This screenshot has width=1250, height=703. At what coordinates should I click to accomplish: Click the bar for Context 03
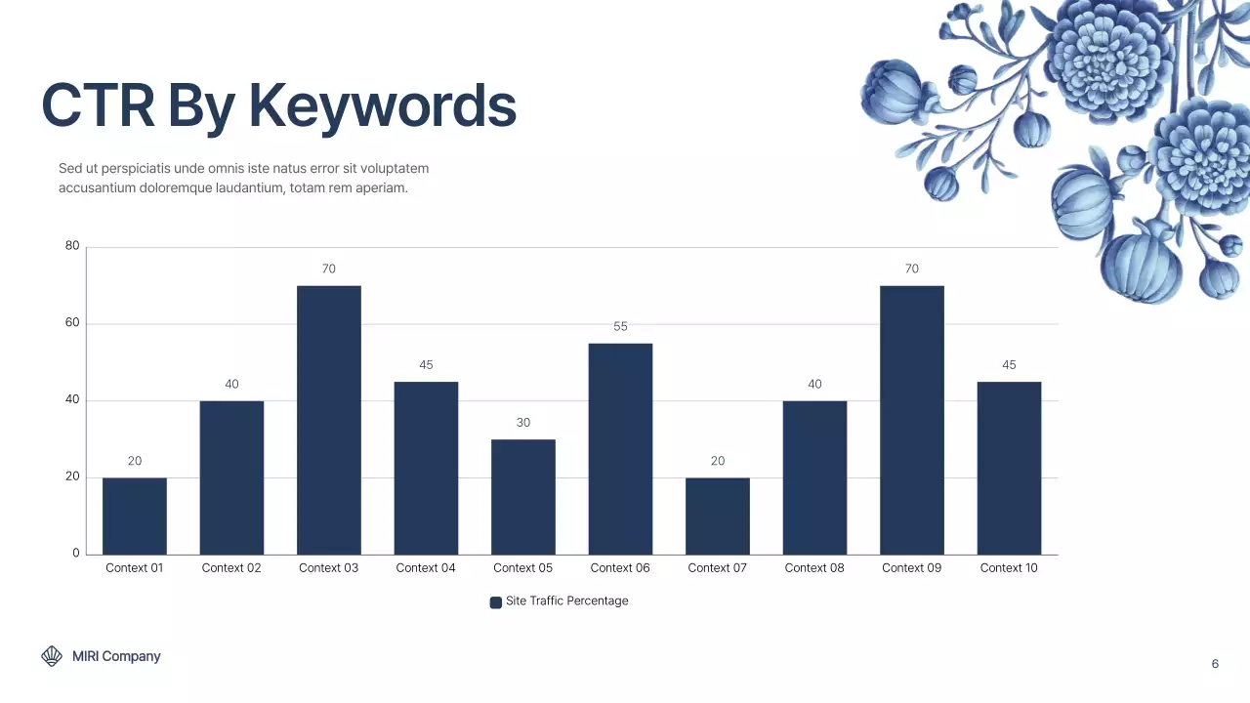(328, 420)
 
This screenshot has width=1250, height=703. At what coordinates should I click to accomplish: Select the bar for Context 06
(620, 449)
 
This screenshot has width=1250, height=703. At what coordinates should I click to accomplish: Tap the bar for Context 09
(911, 420)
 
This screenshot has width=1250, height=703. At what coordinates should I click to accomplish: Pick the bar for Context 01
(135, 516)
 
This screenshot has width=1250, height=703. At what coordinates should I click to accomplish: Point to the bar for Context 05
(522, 497)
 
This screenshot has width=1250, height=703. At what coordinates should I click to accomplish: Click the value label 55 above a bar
(620, 326)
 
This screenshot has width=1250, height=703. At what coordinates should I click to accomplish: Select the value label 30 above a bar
(523, 423)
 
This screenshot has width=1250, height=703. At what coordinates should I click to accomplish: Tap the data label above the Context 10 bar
(1009, 365)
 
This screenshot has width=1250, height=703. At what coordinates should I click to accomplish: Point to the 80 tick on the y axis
(72, 246)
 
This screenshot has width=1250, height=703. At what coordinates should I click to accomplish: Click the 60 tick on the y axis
(72, 323)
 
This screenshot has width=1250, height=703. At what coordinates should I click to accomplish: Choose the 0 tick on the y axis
(76, 554)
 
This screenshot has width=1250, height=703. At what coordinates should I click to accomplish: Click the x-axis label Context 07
(717, 568)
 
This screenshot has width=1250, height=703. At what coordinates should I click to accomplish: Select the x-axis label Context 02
(231, 568)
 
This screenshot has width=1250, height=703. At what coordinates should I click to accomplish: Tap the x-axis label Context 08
(814, 568)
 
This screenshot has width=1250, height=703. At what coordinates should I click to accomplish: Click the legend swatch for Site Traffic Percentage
(496, 602)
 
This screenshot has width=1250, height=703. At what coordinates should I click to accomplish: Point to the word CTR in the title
(98, 105)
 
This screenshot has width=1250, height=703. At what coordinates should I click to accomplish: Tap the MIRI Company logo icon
(52, 656)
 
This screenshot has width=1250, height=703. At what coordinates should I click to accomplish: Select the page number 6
(1215, 664)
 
